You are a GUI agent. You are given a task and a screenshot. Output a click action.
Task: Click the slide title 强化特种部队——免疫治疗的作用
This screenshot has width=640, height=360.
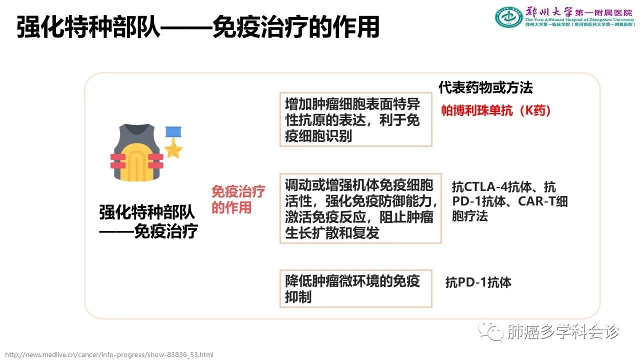198,27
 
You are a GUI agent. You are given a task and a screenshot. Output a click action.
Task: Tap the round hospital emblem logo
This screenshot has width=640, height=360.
509,17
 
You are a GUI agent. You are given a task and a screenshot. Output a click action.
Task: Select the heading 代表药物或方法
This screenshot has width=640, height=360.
485,87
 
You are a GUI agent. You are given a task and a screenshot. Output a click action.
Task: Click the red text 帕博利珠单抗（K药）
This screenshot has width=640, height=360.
495,110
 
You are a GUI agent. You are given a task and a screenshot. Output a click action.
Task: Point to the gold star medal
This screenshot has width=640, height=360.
173,149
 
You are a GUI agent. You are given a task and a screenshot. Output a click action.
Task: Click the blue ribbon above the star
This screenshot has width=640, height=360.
173,131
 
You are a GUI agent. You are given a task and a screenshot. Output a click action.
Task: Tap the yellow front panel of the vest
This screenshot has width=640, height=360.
137,162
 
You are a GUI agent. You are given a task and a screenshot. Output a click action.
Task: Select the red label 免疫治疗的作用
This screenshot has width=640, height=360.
238,199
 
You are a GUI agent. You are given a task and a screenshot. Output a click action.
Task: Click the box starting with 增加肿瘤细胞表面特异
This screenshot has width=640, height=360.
355,119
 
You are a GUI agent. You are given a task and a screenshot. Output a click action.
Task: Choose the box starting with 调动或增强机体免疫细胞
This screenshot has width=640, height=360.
360,208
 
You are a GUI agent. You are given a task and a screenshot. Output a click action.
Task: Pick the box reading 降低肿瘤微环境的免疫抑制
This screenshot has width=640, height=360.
355,288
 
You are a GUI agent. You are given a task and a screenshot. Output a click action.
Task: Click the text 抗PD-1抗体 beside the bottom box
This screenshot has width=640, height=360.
478,282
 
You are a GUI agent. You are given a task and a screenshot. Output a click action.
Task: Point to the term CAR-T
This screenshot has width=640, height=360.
536,201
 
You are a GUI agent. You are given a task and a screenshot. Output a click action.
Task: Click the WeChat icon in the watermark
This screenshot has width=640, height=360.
491,330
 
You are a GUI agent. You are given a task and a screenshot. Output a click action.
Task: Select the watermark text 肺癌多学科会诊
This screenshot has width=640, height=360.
563,331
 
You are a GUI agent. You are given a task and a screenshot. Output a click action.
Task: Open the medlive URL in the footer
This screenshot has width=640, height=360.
109,354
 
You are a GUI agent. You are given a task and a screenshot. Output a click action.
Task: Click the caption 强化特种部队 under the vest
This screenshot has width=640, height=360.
147,212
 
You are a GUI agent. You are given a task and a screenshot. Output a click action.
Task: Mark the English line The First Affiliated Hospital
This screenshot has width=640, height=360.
579,19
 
